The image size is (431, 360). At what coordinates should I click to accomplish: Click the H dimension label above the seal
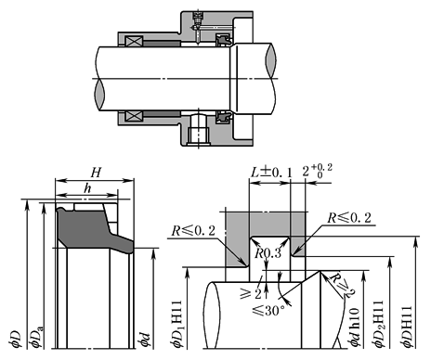[96, 173]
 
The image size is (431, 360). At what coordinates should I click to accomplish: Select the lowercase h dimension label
[87, 188]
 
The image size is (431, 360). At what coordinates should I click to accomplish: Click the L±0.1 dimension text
[271, 173]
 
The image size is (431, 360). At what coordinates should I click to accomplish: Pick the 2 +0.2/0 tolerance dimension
[318, 171]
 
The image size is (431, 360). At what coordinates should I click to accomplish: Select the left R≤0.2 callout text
[193, 231]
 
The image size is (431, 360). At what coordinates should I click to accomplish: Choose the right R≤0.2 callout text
[349, 218]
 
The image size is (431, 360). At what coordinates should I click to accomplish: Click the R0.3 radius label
[268, 253]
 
